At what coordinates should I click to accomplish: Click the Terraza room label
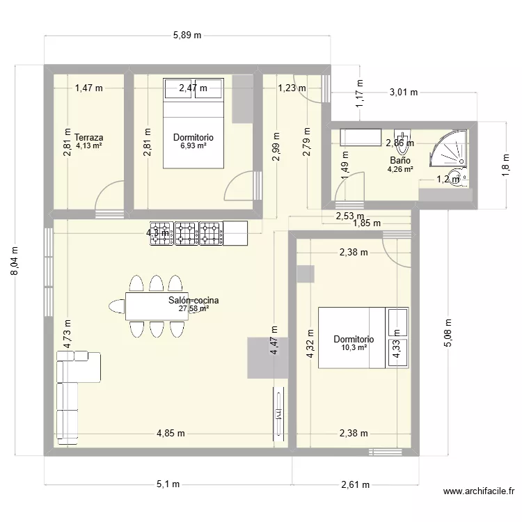pos(89,137)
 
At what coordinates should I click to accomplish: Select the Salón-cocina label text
pos(193,301)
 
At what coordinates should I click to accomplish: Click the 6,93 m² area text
pos(193,146)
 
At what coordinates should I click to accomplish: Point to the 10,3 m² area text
pos(354,347)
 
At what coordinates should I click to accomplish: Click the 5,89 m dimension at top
pos(187,35)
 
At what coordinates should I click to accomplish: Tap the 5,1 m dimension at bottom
pos(168,484)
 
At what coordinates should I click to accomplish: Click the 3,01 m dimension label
pos(403,92)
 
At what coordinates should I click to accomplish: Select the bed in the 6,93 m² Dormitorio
pos(193,123)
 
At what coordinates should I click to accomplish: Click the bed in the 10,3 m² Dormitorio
pos(363,338)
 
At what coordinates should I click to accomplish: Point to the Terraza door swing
pos(108,197)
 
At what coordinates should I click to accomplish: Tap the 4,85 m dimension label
pos(170,433)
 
